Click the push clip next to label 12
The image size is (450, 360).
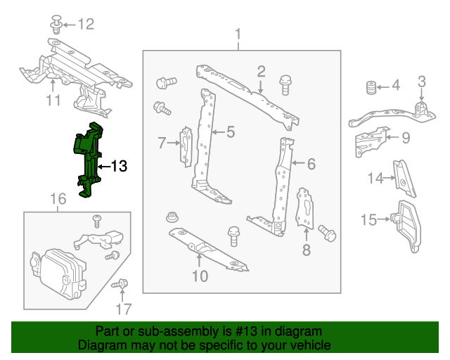pos(56,25)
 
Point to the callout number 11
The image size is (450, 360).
pos(53,101)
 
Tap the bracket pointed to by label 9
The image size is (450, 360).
pos(369,140)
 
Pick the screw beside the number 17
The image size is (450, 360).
pos(120,285)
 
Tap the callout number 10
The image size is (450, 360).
pos(200,276)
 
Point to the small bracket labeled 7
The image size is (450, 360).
pos(187,146)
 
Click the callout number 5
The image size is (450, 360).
pos(230,131)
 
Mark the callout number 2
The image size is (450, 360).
pos(260,71)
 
